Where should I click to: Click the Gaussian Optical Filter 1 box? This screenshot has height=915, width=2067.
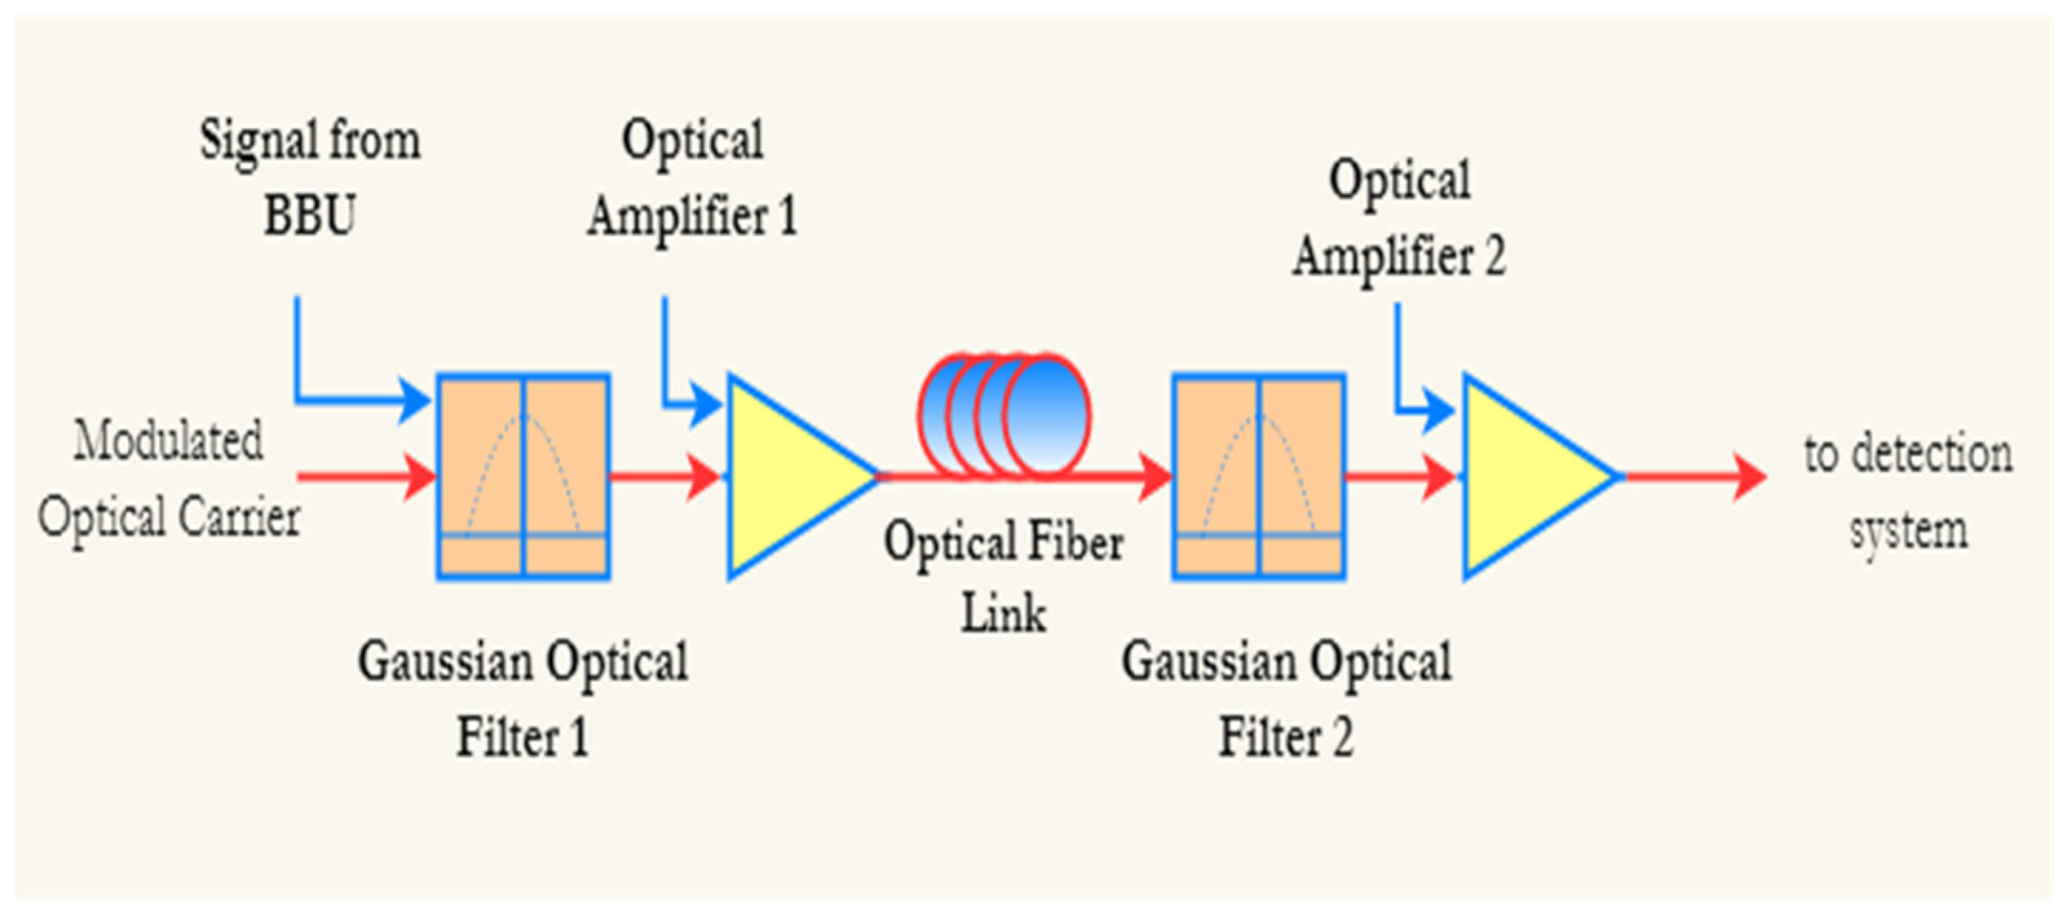pos(523,476)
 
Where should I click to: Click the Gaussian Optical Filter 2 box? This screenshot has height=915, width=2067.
pos(1259,476)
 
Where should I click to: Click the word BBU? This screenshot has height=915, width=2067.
pos(310,216)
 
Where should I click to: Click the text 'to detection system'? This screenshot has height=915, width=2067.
pos(1908,492)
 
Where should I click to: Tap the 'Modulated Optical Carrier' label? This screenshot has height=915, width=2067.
pos(169,479)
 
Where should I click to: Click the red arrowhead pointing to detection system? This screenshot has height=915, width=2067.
pos(1749,476)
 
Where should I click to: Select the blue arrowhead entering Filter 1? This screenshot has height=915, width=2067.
pos(415,399)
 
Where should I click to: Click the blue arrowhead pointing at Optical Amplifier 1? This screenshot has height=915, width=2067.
pos(706,405)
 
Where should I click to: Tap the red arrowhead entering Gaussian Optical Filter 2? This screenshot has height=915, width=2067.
pos(1155,476)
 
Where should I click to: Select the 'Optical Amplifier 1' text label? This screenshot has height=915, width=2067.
pos(691,178)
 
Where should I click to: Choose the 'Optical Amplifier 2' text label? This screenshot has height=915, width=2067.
pos(1399,218)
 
